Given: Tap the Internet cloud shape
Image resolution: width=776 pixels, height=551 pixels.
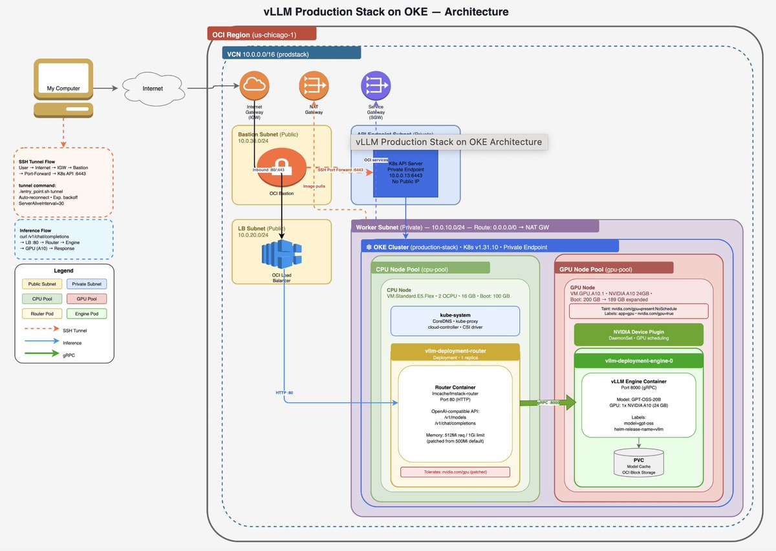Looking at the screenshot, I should [153, 88].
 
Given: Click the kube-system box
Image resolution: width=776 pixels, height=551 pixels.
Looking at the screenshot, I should [455, 321].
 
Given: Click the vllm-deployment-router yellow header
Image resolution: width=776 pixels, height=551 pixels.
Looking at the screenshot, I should [455, 352].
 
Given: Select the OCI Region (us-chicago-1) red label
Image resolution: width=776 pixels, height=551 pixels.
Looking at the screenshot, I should [261, 34].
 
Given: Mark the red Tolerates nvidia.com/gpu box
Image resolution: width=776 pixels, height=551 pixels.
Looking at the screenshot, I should [455, 472].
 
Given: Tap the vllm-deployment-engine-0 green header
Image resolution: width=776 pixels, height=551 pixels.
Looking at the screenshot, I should [639, 361].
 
